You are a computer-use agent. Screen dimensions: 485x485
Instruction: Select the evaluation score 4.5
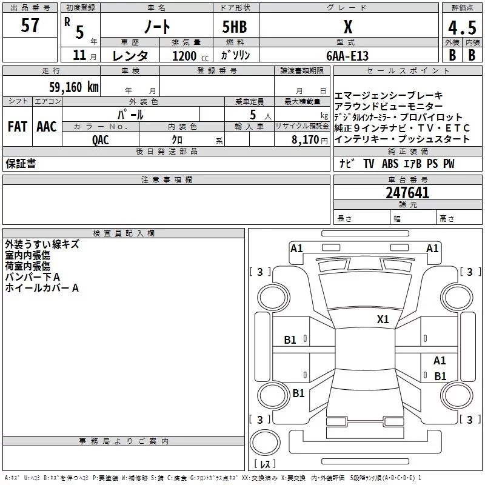coord(461,27)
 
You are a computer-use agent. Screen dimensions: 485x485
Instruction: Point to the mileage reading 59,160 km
coord(73,87)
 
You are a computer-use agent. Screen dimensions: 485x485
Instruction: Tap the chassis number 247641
coord(407,193)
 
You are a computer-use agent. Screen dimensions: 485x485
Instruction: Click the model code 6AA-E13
coord(347,56)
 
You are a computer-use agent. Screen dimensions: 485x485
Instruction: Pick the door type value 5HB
coord(234,27)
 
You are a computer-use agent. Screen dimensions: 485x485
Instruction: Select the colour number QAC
coord(101,139)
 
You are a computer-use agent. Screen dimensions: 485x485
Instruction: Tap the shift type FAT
coord(18,127)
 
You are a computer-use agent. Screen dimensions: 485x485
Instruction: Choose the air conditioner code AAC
coord(46,127)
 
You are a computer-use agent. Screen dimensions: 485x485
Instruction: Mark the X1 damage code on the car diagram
coord(383,319)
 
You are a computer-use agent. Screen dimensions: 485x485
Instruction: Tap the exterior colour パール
coord(130,114)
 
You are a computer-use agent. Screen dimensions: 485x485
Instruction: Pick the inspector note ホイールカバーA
coord(42,288)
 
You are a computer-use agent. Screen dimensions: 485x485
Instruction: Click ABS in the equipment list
coord(390,164)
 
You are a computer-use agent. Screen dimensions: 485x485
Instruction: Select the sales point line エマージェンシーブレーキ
coord(388,96)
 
